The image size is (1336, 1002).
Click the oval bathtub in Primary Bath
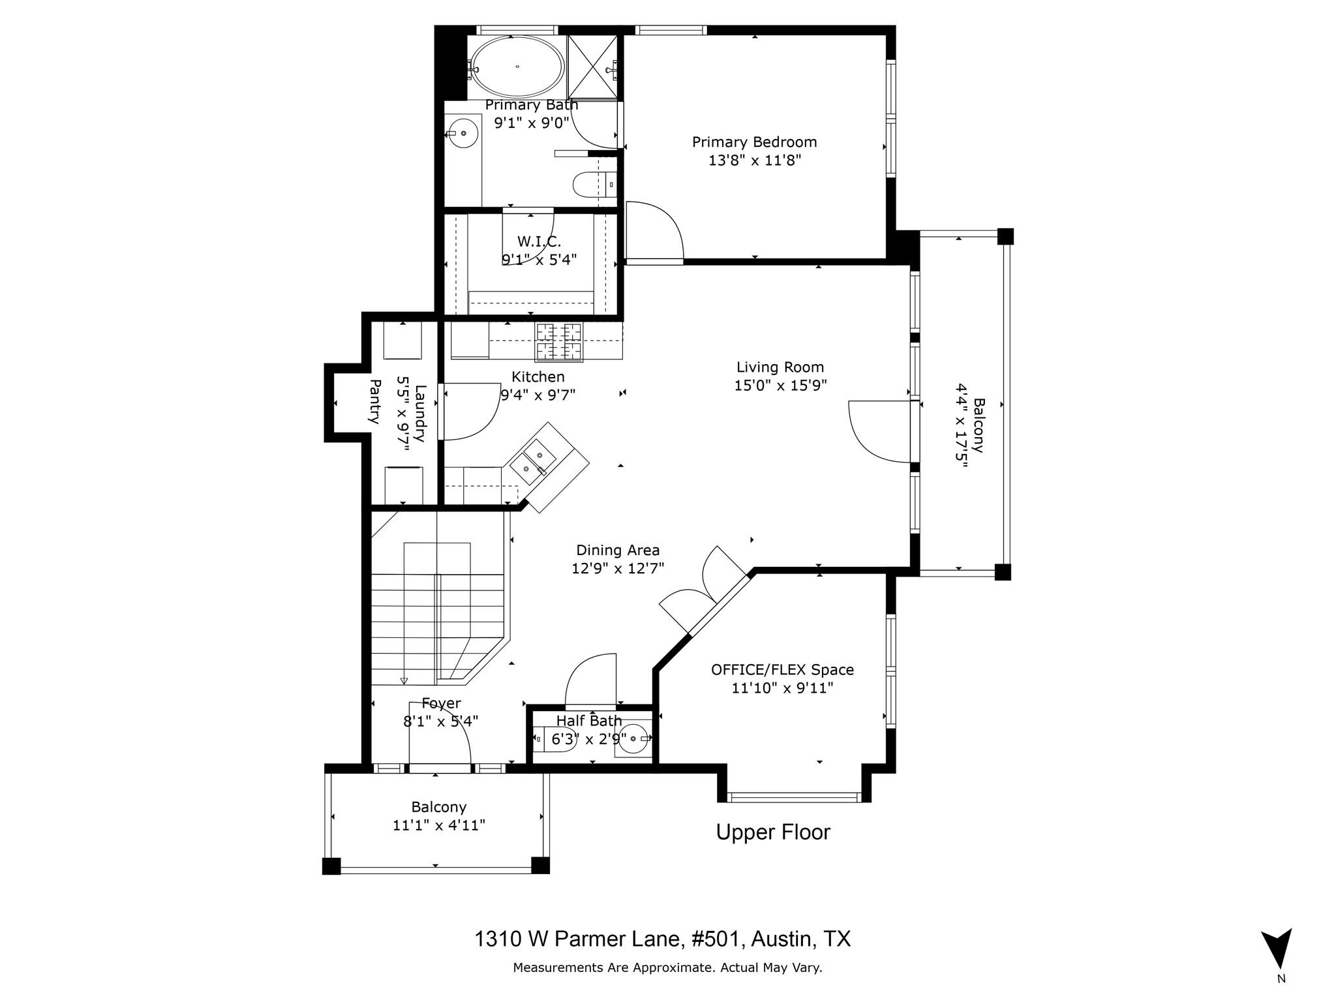point(517,66)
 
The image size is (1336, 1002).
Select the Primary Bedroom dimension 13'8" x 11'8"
point(754,160)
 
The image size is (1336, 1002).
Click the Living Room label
point(780,367)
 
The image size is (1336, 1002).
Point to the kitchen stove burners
point(558,342)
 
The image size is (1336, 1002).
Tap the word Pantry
point(374,401)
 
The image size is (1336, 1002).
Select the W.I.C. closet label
point(539,242)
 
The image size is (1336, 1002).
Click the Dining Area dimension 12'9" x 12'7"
point(618,568)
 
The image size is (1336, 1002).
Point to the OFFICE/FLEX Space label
point(782,670)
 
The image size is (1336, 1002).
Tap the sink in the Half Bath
point(631,739)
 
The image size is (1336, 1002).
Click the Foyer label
point(441,703)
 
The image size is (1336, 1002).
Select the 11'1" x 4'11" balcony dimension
point(438,825)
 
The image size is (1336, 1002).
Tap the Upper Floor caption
point(773,832)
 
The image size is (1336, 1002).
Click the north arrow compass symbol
point(1276,950)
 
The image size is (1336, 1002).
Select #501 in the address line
point(714,939)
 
